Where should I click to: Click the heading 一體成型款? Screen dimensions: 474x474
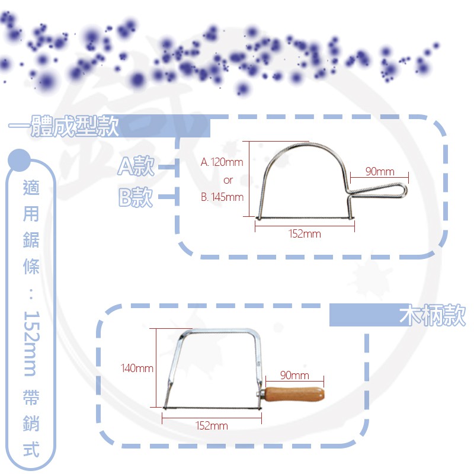pyautogui.click(x=63, y=126)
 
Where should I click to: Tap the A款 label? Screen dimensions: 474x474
pyautogui.click(x=136, y=166)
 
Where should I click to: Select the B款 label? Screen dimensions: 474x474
pyautogui.click(x=136, y=197)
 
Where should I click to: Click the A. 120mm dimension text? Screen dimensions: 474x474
pyautogui.click(x=222, y=162)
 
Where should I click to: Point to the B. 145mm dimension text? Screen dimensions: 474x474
pyautogui.click(x=222, y=197)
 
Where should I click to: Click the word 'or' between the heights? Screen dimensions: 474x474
pyautogui.click(x=228, y=180)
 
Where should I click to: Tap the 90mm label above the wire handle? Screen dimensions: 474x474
pyautogui.click(x=380, y=172)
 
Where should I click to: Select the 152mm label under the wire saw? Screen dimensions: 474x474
pyautogui.click(x=305, y=233)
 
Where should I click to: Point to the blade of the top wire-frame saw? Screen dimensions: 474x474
pyautogui.click(x=305, y=217)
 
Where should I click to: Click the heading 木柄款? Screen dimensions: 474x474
pyautogui.click(x=433, y=315)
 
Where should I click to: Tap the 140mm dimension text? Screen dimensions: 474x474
pyautogui.click(x=137, y=368)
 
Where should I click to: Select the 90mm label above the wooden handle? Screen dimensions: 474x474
pyautogui.click(x=294, y=375)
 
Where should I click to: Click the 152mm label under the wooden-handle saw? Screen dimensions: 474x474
pyautogui.click(x=212, y=425)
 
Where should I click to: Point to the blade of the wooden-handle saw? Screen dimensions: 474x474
pyautogui.click(x=212, y=408)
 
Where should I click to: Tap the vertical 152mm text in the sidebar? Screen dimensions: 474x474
pyautogui.click(x=31, y=344)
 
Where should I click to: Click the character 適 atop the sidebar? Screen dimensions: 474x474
pyautogui.click(x=31, y=187)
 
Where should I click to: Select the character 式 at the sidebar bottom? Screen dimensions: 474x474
pyautogui.click(x=31, y=449)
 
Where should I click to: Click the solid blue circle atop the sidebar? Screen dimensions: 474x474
pyautogui.click(x=20, y=160)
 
